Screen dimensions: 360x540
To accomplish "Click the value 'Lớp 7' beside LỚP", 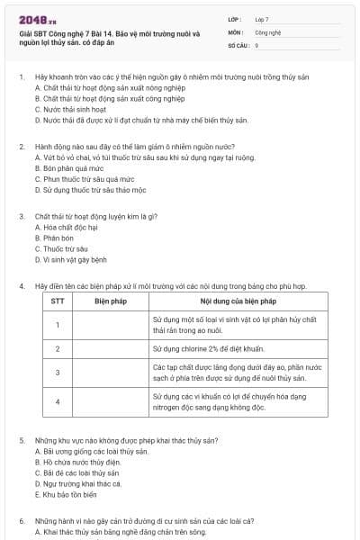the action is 263,18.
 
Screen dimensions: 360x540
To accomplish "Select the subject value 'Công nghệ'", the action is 268,31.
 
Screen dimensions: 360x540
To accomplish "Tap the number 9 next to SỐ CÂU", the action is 257,44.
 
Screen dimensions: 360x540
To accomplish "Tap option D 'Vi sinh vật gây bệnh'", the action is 76,259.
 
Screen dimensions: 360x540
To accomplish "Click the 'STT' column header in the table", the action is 57,301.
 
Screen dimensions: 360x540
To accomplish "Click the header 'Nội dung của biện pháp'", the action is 238,301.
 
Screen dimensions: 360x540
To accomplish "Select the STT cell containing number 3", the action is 57,373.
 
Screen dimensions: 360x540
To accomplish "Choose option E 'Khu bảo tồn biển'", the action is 67,494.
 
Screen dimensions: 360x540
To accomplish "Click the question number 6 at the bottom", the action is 22,520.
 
